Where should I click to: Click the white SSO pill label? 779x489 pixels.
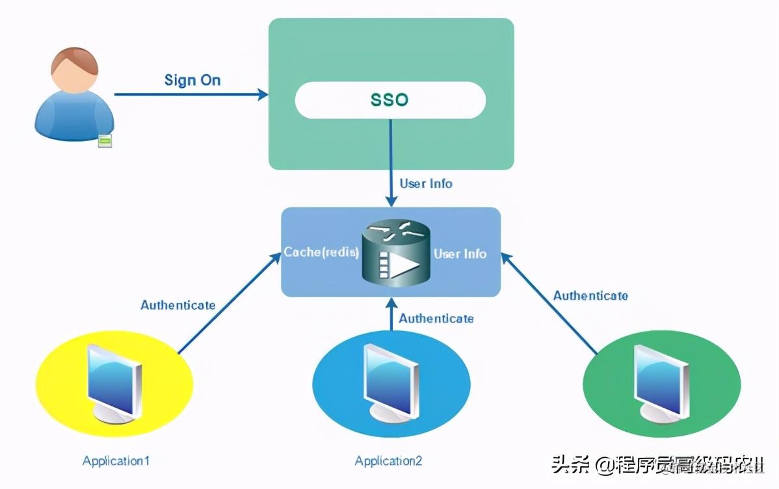390,100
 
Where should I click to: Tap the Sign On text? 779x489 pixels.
192,80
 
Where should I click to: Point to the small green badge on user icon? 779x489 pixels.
104,140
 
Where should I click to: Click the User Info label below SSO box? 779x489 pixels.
426,183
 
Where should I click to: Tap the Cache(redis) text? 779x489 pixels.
321,252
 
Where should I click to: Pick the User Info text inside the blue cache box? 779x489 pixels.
460,254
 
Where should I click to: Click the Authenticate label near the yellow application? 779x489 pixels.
178,304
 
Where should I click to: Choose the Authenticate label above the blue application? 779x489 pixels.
436,318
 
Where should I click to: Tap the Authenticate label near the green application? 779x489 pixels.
590,295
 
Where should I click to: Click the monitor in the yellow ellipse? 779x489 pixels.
114,380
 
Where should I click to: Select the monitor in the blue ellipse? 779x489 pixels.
390,380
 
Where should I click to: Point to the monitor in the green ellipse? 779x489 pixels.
661,380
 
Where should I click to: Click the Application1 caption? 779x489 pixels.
116,461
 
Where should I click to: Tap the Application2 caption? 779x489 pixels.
388,461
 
